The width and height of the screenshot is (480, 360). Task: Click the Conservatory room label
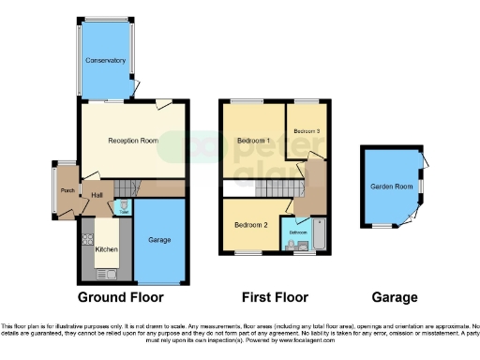pos(105,60)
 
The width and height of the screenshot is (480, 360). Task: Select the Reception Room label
pos(132,141)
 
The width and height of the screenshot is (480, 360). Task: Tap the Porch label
pos(67,191)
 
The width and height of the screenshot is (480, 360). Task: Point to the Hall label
pos(97,196)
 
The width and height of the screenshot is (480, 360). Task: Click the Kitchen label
pos(106,250)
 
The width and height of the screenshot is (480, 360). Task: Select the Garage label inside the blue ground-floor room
pos(159,241)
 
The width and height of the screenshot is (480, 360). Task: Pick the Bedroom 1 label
pos(253,141)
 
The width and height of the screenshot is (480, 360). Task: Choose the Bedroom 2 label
pos(251,225)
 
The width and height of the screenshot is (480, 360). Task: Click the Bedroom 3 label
pos(307,131)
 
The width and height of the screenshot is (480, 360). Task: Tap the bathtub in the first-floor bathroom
pos(319,236)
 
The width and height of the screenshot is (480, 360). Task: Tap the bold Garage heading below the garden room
pos(394,297)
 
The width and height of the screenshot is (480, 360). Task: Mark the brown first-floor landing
pos(312,182)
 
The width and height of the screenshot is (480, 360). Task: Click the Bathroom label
pos(297,232)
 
